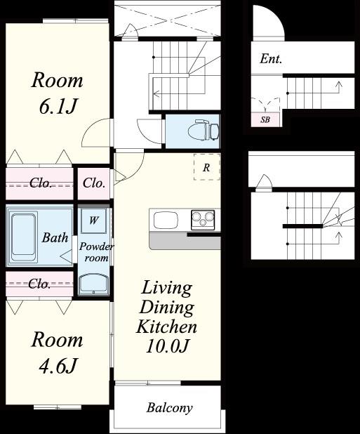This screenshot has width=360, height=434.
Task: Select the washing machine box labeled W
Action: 94,221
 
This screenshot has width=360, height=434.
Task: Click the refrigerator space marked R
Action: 206,167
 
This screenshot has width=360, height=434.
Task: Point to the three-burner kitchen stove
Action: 203,220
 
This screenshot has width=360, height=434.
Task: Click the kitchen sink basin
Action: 166,221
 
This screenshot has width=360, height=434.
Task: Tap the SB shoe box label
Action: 265,120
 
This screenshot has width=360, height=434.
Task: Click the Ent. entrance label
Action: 271,59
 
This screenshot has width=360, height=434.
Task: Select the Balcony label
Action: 169,408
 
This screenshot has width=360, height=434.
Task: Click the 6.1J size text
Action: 58,106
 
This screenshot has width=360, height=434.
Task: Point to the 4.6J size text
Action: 58,365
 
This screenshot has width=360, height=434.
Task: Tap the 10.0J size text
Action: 167,346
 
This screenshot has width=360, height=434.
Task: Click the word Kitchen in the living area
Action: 166,327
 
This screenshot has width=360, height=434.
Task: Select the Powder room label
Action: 96,252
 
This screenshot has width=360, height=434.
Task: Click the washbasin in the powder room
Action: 93,284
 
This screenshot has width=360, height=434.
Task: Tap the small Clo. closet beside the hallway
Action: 94,183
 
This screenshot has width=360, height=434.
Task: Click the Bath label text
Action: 55,237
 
